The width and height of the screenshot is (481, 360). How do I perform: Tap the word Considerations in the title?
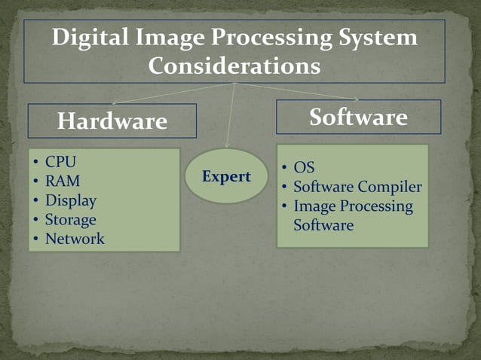click(234, 66)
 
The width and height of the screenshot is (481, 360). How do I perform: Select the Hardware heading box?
click(112, 121)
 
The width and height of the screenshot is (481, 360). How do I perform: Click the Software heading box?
click(358, 117)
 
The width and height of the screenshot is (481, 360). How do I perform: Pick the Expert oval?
click(226, 177)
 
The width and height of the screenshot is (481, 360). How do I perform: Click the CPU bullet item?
click(60, 162)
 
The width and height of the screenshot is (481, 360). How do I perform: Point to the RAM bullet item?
click(62, 182)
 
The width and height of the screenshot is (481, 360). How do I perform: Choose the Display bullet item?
click(70, 201)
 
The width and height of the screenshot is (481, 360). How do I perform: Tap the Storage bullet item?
click(70, 221)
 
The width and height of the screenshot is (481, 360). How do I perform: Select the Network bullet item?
click(75, 240)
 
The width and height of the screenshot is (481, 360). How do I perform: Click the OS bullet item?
click(304, 168)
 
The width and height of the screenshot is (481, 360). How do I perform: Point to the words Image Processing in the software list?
click(353, 206)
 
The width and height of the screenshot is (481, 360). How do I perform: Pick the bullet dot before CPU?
click(36, 163)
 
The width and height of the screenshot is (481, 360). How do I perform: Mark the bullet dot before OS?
click(284, 168)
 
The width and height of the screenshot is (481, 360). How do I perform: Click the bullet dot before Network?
click(36, 241)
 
